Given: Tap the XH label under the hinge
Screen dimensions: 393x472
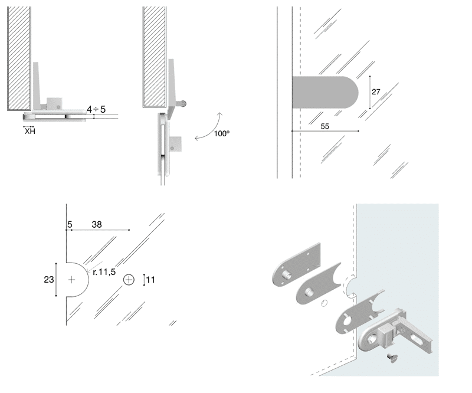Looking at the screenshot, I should [x=29, y=131].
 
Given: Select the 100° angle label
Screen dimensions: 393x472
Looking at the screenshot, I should [x=221, y=134].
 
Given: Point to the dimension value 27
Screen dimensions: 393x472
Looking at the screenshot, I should [x=376, y=92].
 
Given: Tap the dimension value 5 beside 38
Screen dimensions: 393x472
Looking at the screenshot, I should [x=70, y=224].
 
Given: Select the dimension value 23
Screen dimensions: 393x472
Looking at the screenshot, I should [x=49, y=280].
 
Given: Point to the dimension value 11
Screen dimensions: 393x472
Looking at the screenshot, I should [x=150, y=280].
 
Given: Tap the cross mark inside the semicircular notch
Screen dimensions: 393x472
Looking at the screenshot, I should [x=72, y=280].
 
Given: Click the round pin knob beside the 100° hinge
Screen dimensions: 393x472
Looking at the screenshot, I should [x=185, y=103].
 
